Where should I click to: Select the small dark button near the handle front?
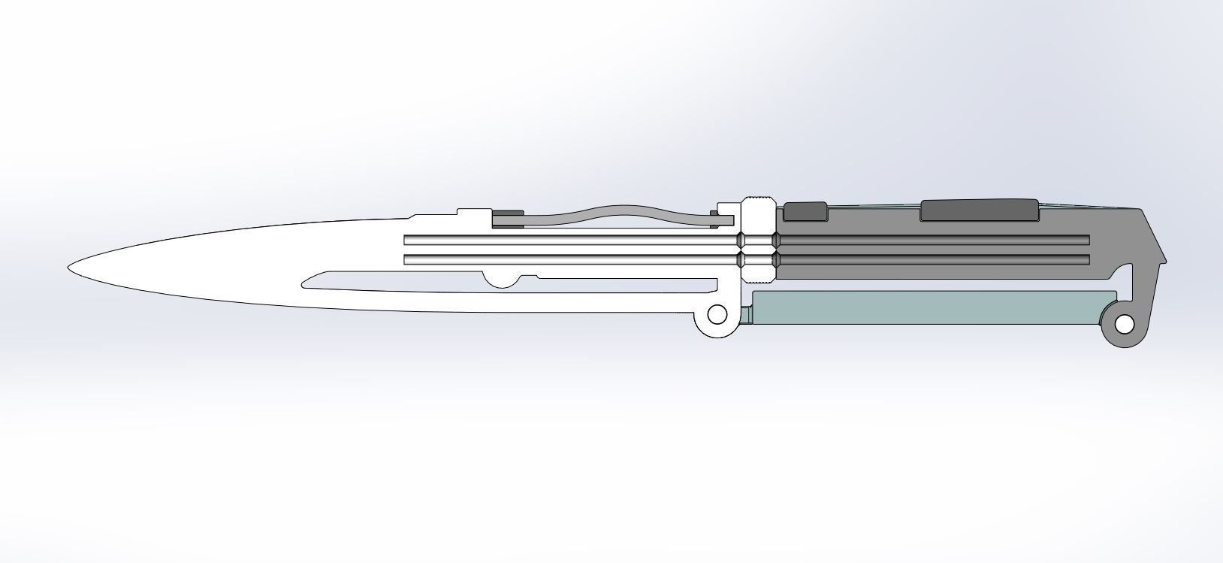pyautogui.click(x=805, y=211)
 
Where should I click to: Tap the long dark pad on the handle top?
pyautogui.click(x=979, y=210)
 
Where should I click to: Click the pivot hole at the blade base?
pyautogui.click(x=717, y=313)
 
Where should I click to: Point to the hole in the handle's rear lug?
pyautogui.click(x=1124, y=325)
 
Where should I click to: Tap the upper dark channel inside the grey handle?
pyautogui.click(x=932, y=240)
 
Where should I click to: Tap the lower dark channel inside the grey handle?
pyautogui.click(x=932, y=260)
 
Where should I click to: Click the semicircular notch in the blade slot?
pyautogui.click(x=501, y=281)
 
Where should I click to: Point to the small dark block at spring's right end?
pyautogui.click(x=714, y=218)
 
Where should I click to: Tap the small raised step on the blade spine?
pyautogui.click(x=472, y=212)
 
